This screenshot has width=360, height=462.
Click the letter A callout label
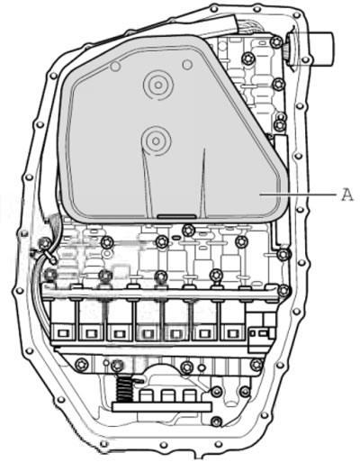coord(347,195)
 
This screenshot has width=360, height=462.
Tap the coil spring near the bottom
coord(123,389)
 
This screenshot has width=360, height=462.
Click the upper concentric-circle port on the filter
coord(158,86)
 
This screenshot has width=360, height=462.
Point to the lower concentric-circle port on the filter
coord(156,140)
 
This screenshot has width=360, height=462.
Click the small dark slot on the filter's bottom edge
coord(176,215)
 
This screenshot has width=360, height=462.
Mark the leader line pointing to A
coord(298,195)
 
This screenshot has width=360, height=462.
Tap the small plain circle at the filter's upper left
coord(115,66)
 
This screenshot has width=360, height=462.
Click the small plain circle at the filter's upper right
coord(187,64)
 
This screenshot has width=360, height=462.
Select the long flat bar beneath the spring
coord(162,407)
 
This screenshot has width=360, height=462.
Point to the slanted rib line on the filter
coord(146,183)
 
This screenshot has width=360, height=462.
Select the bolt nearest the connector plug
coord(275,41)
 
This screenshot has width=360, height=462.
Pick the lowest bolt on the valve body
coord(216,421)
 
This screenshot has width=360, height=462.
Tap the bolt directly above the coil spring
coord(117,365)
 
